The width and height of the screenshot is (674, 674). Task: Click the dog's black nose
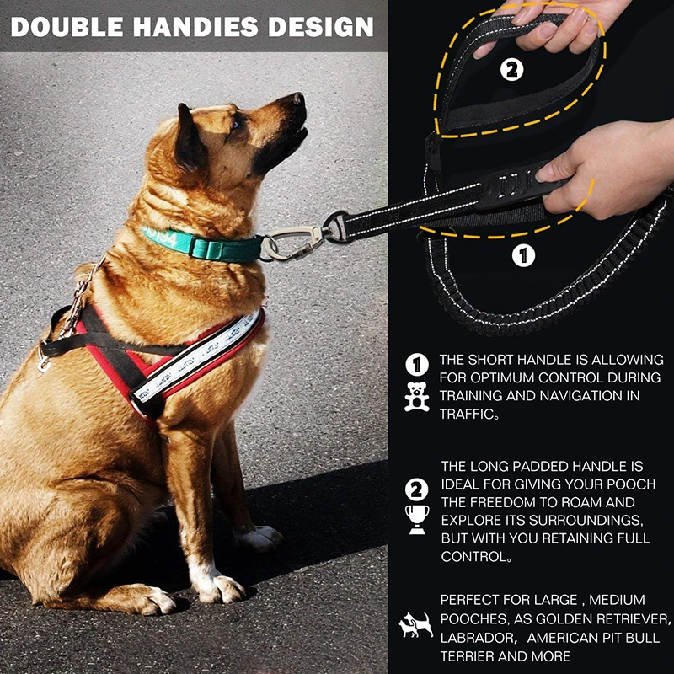click(296, 100)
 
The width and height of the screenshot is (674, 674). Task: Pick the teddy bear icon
click(416, 397)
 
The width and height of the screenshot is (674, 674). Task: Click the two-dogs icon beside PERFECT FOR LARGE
click(415, 625)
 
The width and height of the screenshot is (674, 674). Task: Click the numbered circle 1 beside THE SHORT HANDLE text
click(416, 365)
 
